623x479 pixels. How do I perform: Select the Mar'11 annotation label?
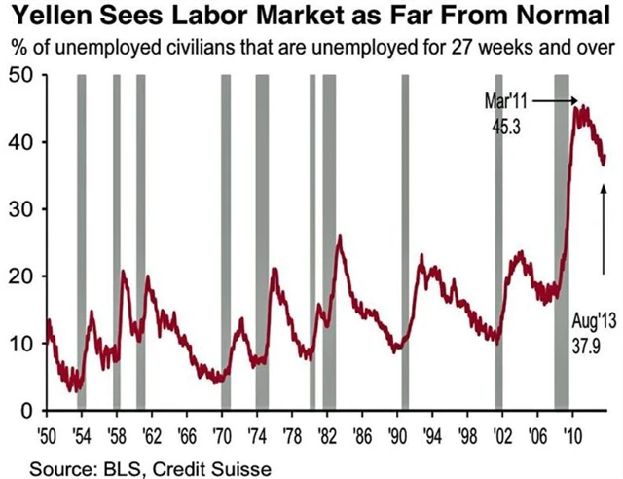coord(505,101)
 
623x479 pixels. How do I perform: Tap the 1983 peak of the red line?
coord(339,237)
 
